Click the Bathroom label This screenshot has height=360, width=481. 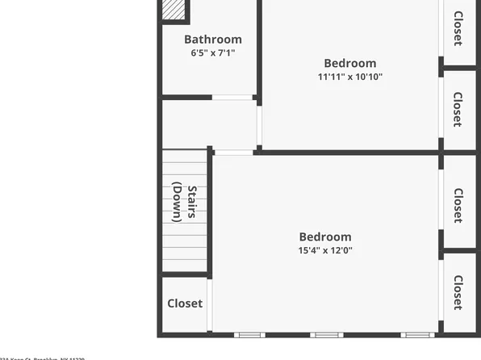tap(212, 40)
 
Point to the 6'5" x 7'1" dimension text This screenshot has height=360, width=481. tap(212, 53)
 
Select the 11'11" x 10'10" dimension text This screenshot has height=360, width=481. tap(349, 77)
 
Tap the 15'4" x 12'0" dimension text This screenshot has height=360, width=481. tap(325, 250)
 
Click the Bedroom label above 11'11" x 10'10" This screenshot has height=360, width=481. tap(349, 64)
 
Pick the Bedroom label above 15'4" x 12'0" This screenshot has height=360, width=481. tap(325, 237)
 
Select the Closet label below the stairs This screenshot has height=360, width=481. tap(185, 303)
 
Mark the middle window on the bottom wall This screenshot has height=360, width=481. tap(326, 334)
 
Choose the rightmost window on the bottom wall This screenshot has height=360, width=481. tap(416, 334)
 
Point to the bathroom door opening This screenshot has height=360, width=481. tap(232, 98)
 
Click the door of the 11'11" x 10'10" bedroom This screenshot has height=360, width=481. tap(259, 123)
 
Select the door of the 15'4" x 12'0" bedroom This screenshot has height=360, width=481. tap(233, 152)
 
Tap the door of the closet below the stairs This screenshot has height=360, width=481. tap(210, 304)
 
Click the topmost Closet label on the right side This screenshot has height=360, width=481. tap(458, 27)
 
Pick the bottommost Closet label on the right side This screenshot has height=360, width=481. tap(458, 292)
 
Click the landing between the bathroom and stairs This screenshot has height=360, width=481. tap(209, 124)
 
